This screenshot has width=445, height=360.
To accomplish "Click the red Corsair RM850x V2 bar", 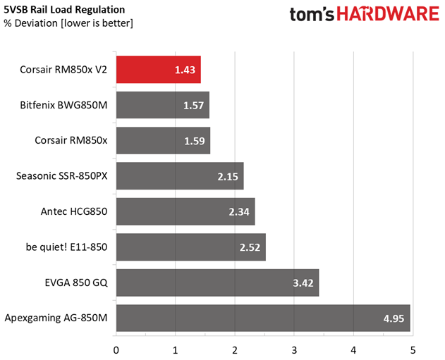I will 158,70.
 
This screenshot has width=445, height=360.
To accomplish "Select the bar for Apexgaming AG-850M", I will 262,318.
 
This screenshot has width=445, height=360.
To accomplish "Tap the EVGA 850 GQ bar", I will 217,283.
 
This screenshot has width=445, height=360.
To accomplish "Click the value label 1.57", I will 192,105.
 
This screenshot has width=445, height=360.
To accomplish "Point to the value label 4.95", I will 393,318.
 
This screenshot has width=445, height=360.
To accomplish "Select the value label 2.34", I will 238,211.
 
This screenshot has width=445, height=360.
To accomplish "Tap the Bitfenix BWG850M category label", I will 64,105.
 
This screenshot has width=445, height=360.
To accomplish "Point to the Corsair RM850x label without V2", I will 71,140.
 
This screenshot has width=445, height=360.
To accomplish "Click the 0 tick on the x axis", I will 116,349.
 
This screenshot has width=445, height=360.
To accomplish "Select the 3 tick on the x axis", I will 294,349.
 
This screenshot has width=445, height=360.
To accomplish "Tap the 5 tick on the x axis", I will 413,349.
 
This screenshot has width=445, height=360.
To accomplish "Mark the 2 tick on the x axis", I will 235,349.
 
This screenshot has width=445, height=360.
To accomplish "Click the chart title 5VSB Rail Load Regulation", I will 65,10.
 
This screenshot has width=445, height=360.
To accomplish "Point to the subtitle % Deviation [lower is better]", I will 68,23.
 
